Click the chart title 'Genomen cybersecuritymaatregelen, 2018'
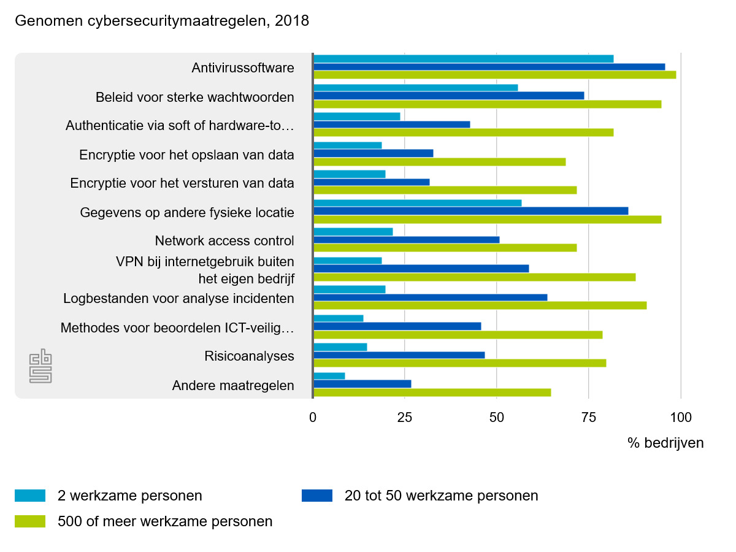pos(162,21)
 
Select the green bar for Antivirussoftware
pos(494,75)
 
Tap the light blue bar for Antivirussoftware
pos(463,59)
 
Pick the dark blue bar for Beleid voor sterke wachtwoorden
pos(448,96)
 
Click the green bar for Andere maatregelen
pos(432,393)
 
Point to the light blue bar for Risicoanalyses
pos(340,347)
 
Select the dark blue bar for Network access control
pos(406,240)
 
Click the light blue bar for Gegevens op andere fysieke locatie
pos(417,203)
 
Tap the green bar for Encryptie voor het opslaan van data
pos(439,162)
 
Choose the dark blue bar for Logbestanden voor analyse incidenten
pos(430,297)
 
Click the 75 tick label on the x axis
pos(588,418)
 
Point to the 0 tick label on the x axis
pos(313,418)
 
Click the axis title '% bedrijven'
pos(665,443)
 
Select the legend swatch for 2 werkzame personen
pos(30,496)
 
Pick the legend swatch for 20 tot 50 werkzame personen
pos(317,496)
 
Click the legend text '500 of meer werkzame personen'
pos(165,521)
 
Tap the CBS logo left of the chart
pos(41,366)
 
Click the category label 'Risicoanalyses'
pos(249,356)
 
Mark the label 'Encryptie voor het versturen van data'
pos(182,183)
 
